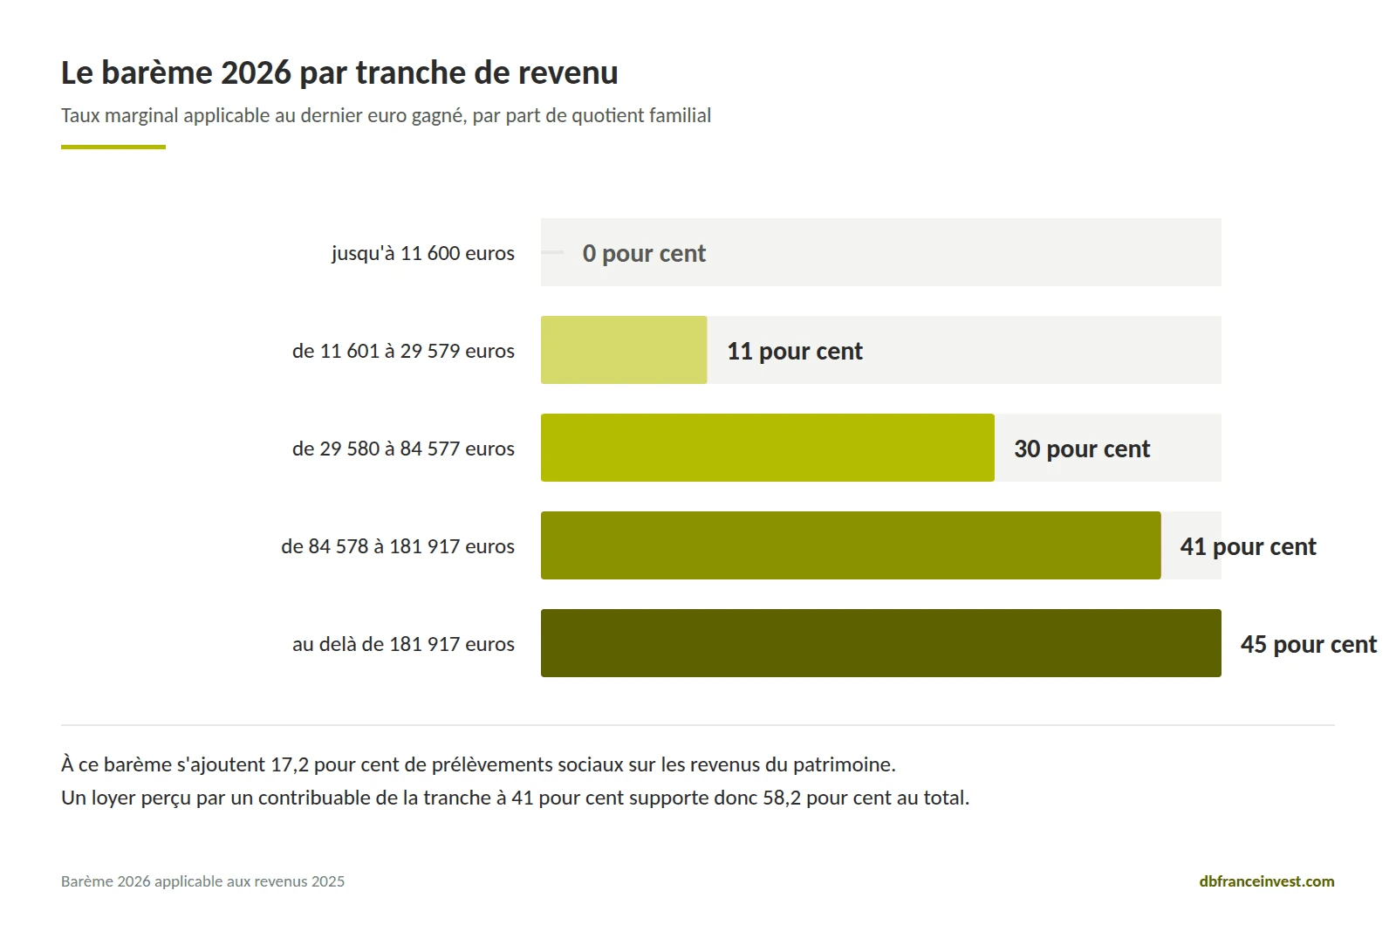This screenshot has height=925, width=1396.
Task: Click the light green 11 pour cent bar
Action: coord(624,350)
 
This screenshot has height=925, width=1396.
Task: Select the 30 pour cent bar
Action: coord(768,448)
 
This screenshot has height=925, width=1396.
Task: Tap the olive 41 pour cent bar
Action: coord(851,545)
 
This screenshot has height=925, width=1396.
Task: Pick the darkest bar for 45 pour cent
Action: coord(881,643)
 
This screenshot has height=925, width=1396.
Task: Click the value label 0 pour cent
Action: coord(644,254)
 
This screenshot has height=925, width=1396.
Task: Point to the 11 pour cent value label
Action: coord(795,352)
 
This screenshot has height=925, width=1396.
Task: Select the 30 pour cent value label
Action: coord(1082,449)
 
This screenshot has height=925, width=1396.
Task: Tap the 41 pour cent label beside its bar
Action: coord(1248,547)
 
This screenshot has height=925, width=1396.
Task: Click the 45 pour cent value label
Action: coord(1308,645)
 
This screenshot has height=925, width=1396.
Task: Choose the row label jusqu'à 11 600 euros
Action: coord(423,254)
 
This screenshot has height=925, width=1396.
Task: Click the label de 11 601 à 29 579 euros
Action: coord(403,351)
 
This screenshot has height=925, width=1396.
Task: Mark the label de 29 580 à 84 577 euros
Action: coord(403,449)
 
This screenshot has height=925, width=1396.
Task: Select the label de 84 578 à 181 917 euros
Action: coord(398,546)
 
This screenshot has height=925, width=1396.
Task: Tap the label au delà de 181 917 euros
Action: coord(403,644)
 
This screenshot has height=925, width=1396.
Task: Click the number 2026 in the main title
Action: coord(256,73)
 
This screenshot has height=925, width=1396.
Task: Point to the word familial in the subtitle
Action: coord(680,115)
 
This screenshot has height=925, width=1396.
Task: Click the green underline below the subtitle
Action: coord(113,147)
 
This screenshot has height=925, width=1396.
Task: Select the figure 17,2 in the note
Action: coord(289,764)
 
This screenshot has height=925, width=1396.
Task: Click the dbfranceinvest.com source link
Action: coord(1266,881)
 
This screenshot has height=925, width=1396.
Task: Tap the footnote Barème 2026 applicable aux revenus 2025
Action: coord(202,881)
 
